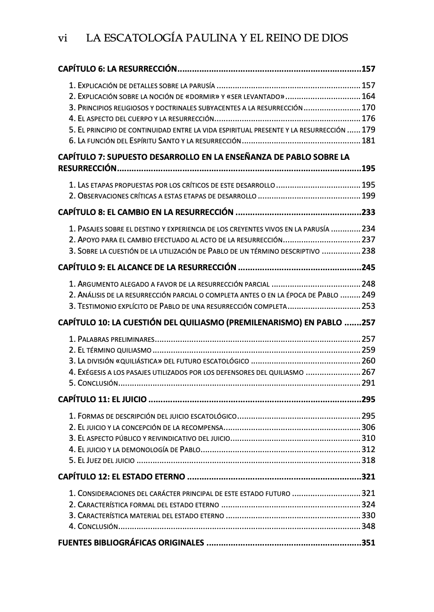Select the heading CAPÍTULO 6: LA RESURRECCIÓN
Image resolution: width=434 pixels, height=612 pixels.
(117, 69)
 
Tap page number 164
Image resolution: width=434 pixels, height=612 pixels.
(368, 97)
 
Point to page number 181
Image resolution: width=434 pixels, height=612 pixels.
(368, 141)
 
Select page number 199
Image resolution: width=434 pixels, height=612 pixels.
(368, 196)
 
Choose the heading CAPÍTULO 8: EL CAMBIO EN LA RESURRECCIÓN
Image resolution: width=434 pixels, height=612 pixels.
(145, 212)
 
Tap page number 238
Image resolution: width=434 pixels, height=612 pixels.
(368, 251)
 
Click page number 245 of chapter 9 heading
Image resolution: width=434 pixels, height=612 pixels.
(368, 267)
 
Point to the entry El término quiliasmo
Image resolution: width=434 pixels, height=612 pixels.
(110, 350)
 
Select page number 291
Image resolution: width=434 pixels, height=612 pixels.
(368, 383)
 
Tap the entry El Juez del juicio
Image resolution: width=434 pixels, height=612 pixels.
(102, 460)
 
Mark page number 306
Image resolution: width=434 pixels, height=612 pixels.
(368, 427)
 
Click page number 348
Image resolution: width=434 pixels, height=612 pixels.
(368, 526)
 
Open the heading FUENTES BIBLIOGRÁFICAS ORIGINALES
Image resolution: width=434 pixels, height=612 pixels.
(131, 543)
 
